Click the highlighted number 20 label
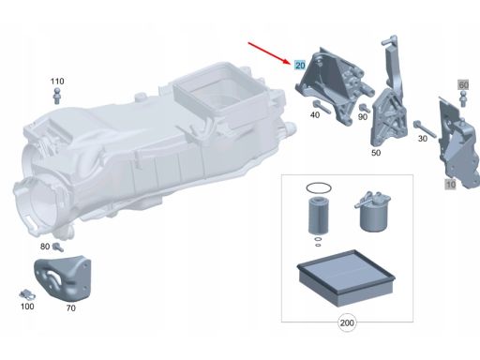(x=300, y=65)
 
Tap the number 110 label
(x=57, y=82)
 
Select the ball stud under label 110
(x=57, y=96)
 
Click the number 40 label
(x=315, y=114)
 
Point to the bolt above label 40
(x=321, y=107)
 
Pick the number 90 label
(x=363, y=117)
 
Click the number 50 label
(x=376, y=153)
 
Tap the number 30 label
(x=423, y=138)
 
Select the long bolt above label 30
(x=425, y=128)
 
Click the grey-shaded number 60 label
(x=463, y=84)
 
